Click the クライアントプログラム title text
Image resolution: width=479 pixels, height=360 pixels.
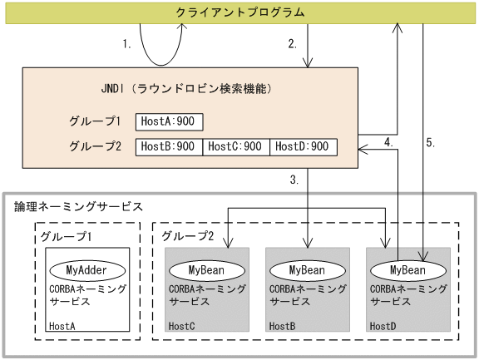239,12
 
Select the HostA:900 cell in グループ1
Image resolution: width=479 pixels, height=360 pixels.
167,121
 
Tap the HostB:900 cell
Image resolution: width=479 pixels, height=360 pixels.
169,147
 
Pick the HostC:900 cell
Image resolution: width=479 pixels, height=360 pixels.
235,147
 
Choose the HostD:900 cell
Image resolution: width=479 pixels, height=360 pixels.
303,147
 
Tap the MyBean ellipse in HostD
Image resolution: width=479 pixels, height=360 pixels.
407,270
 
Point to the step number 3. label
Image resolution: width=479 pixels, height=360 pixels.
294,180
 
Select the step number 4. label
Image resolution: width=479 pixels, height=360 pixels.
388,143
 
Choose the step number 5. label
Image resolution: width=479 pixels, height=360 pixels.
430,143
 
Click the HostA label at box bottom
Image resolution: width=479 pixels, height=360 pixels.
62,327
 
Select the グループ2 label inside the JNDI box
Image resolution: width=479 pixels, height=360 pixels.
96,147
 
